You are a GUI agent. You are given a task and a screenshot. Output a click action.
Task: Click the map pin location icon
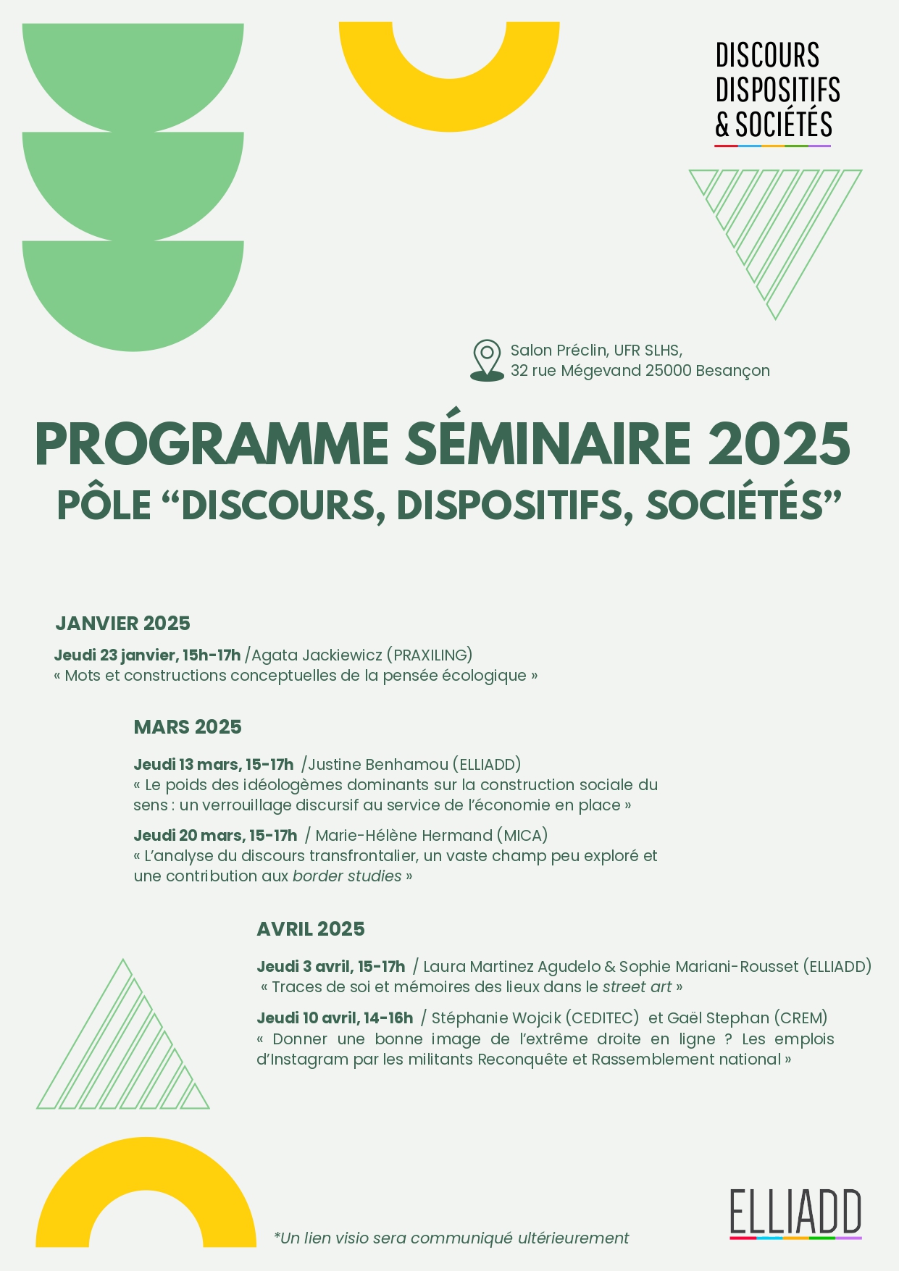tap(487, 360)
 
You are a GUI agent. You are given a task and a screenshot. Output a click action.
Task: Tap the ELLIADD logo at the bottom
tap(795, 1213)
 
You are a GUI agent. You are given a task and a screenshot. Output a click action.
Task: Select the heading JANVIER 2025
tap(122, 624)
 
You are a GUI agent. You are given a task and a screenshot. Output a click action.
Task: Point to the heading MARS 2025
tap(188, 727)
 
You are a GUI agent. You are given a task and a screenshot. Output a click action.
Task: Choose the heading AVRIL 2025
tap(311, 929)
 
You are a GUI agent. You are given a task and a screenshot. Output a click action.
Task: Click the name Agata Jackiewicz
tap(317, 655)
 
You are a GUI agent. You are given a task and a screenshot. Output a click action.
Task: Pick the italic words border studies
tap(347, 876)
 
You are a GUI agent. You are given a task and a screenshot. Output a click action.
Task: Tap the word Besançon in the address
tap(732, 371)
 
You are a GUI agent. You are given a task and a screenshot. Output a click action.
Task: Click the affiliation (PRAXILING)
tap(430, 655)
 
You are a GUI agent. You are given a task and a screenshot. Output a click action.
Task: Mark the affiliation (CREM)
tap(800, 1018)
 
